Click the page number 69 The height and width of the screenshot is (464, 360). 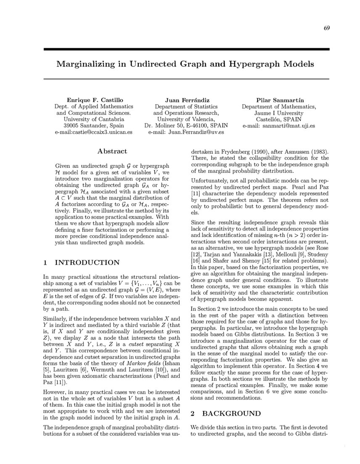click(x=326, y=28)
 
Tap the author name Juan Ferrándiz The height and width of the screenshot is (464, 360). click(x=186, y=100)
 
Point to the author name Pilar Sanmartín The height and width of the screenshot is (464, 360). click(x=279, y=100)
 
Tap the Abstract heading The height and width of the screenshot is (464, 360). click(x=112, y=151)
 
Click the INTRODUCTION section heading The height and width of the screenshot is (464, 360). click(x=87, y=262)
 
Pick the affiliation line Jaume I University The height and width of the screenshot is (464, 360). click(x=279, y=113)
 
